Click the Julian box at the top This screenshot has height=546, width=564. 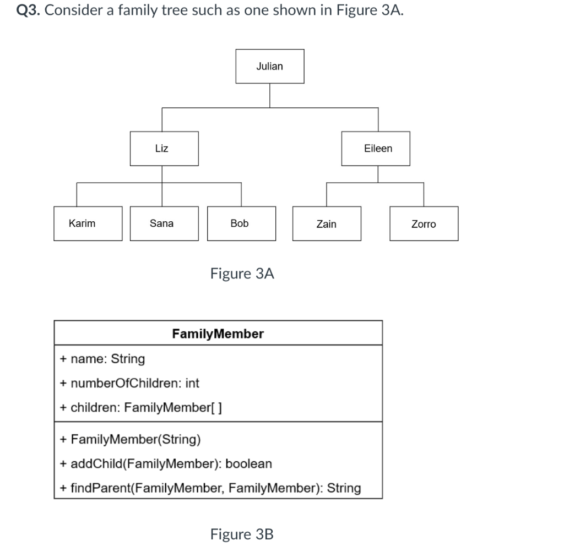pos(269,66)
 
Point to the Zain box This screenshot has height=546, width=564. pos(327,223)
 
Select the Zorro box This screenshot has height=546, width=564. pos(424,223)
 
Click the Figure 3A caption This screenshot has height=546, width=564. pos(242,274)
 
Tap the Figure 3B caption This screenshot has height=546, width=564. pos(242,534)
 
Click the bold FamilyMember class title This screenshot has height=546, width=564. pos(218,334)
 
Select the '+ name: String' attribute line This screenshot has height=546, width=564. pos(102,359)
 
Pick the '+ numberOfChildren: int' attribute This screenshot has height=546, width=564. pos(130,383)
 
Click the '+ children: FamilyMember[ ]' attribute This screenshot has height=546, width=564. pos(141,407)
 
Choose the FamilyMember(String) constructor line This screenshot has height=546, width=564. pos(131,439)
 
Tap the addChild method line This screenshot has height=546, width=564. pos(166,463)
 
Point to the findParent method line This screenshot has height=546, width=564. pos(210,488)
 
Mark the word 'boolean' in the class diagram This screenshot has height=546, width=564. pos(249,463)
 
